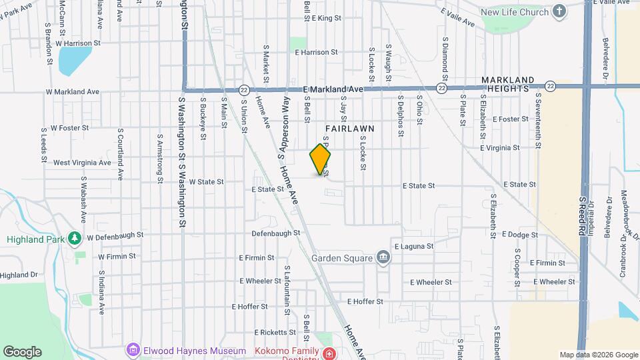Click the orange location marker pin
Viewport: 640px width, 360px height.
pos(321,159)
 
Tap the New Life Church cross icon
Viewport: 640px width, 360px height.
pos(559,12)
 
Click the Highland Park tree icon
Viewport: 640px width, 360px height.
pos(76,238)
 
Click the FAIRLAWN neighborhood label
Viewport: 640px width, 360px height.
pos(350,128)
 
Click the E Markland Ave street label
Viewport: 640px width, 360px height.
pos(333,89)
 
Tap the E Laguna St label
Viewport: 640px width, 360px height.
pos(414,246)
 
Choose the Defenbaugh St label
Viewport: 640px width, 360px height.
pos(277,233)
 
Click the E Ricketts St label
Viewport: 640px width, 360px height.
pos(274,332)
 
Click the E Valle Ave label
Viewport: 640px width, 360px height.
pos(458,18)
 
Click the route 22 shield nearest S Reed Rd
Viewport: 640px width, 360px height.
pos(550,86)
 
